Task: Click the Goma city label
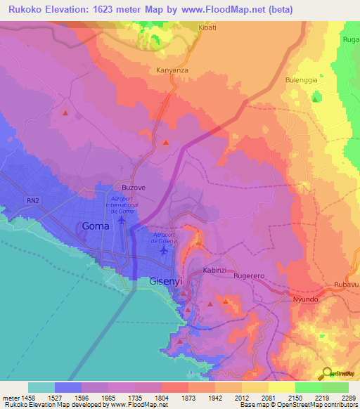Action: tap(96, 226)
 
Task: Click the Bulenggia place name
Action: tap(302, 80)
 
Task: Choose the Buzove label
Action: tap(134, 188)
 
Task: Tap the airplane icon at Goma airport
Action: tap(122, 220)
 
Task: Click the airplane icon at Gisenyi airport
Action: tap(164, 249)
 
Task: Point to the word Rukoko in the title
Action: tap(27, 9)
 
